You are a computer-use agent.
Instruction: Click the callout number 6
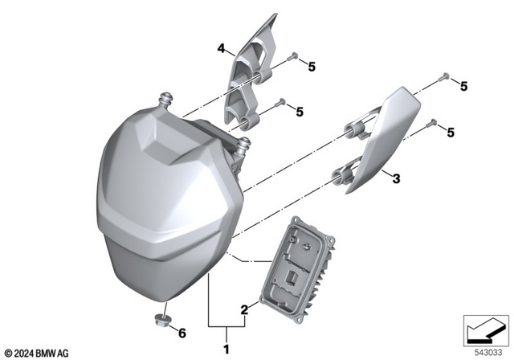coord(182,332)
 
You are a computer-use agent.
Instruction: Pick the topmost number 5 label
coord(312,67)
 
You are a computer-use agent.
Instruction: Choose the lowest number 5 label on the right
coord(451,132)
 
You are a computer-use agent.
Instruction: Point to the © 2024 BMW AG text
coord(37,351)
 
